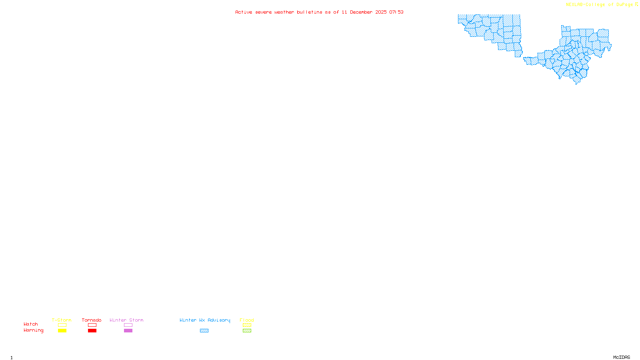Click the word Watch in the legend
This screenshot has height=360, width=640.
tap(31, 324)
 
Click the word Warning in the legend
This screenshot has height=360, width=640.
tap(34, 330)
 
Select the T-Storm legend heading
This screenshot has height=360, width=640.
tap(62, 320)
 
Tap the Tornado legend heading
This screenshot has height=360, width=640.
tap(92, 320)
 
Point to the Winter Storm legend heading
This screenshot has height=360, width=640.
tap(126, 320)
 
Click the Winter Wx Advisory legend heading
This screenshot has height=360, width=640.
tap(205, 320)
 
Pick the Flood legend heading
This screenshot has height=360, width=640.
tap(247, 320)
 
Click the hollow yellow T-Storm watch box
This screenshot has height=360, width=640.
tap(62, 325)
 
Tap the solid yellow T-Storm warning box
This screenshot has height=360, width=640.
tap(62, 331)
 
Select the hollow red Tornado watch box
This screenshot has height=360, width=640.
tap(92, 325)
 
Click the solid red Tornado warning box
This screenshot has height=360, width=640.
tap(92, 331)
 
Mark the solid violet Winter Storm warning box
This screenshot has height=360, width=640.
tap(128, 331)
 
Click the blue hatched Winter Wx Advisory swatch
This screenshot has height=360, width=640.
tap(204, 331)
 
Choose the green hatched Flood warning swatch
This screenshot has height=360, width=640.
tap(247, 331)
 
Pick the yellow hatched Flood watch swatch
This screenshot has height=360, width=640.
tap(247, 325)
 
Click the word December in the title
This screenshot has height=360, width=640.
tap(361, 12)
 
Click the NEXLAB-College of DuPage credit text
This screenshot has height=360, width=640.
tap(600, 5)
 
